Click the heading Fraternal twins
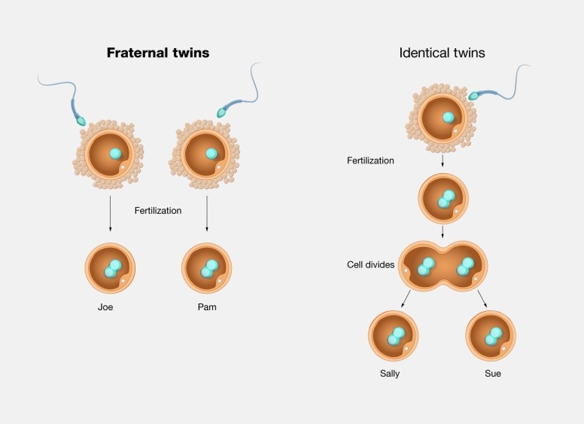point(157,53)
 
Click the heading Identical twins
point(442,53)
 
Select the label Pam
point(207,307)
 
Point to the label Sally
point(391,374)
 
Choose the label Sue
point(493,374)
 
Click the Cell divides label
point(370,265)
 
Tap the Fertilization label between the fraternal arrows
point(158,211)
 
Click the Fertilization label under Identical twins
point(370,160)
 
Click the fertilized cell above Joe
point(110,267)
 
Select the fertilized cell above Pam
point(207,267)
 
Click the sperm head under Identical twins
point(474,96)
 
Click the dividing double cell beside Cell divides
point(443,265)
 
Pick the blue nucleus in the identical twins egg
point(448,117)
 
